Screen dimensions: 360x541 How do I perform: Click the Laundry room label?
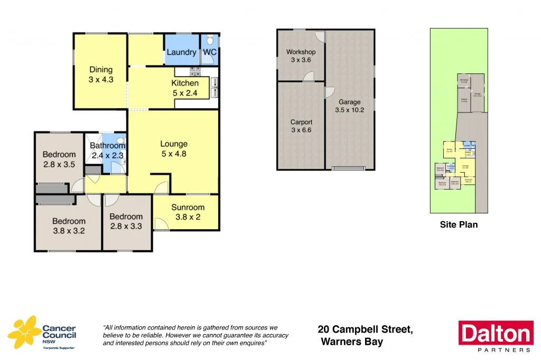click(181, 52)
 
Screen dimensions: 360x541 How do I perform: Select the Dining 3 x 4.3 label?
click(101, 74)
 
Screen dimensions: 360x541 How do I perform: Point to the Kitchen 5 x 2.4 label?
click(185, 88)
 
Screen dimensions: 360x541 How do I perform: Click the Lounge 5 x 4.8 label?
click(173, 149)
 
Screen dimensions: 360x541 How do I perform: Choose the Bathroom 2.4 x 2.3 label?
click(107, 150)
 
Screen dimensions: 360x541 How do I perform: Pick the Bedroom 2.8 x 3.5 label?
click(59, 159)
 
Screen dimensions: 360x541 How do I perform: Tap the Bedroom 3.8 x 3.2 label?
click(69, 226)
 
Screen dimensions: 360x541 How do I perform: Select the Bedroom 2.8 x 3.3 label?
click(126, 221)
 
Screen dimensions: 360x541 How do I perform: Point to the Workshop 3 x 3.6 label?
click(301, 56)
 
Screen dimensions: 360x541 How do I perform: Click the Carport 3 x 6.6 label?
click(301, 127)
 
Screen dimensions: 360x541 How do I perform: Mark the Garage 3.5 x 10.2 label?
click(349, 106)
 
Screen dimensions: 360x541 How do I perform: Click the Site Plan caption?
click(459, 225)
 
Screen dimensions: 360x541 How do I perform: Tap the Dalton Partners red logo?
click(496, 336)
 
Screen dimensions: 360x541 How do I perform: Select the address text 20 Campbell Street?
click(365, 329)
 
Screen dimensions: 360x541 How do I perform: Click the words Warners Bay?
click(352, 342)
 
